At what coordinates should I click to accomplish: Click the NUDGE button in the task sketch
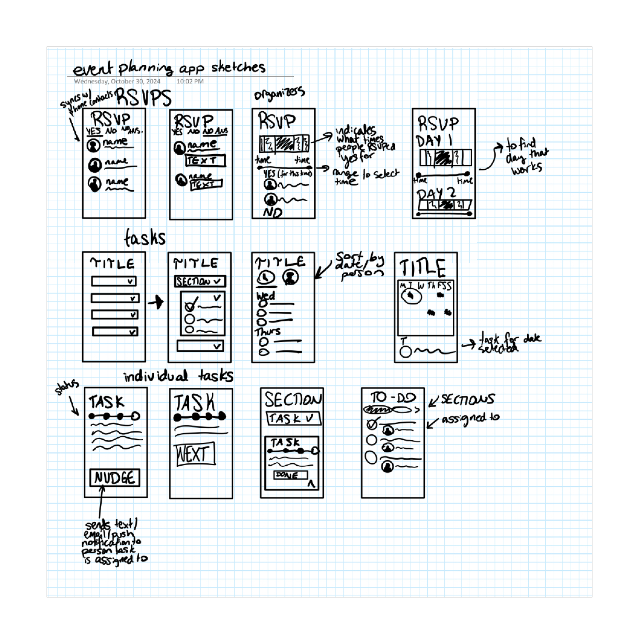coord(115,478)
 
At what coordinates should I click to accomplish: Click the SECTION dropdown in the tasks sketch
coord(200,281)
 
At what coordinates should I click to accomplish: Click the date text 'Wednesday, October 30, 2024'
coord(117,81)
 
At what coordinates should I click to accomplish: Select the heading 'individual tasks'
coord(178,376)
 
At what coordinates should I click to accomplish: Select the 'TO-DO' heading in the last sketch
coord(393,398)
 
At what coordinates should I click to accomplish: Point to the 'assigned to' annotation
coord(471,419)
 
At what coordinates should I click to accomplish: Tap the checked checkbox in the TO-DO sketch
coord(372,424)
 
